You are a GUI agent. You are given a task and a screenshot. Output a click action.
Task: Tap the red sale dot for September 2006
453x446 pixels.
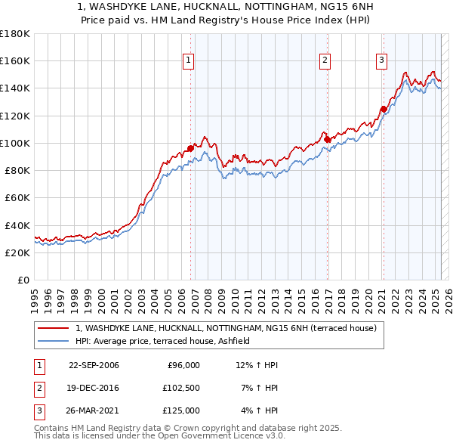190,148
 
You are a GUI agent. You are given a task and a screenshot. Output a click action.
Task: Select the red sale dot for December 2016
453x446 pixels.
327,139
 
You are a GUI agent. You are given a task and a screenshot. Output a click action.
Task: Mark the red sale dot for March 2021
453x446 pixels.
384,109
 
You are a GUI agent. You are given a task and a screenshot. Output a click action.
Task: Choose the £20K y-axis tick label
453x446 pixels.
17,252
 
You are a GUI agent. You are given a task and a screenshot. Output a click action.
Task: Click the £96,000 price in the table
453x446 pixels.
183,365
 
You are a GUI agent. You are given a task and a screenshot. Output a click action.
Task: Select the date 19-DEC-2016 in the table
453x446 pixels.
94,388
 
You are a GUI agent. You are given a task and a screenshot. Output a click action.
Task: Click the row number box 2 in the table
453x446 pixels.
39,388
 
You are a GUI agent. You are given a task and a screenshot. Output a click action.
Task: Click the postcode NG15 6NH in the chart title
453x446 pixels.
296,6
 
